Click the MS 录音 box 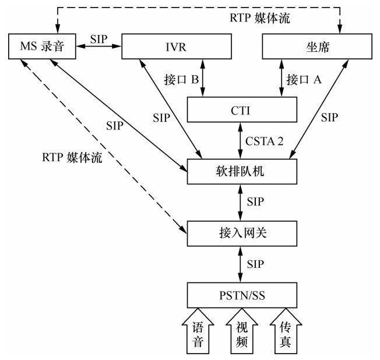[x=43, y=47]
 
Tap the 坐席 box [x=317, y=47]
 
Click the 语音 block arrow [x=198, y=331]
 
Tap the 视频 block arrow [x=241, y=331]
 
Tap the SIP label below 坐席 [x=329, y=117]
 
